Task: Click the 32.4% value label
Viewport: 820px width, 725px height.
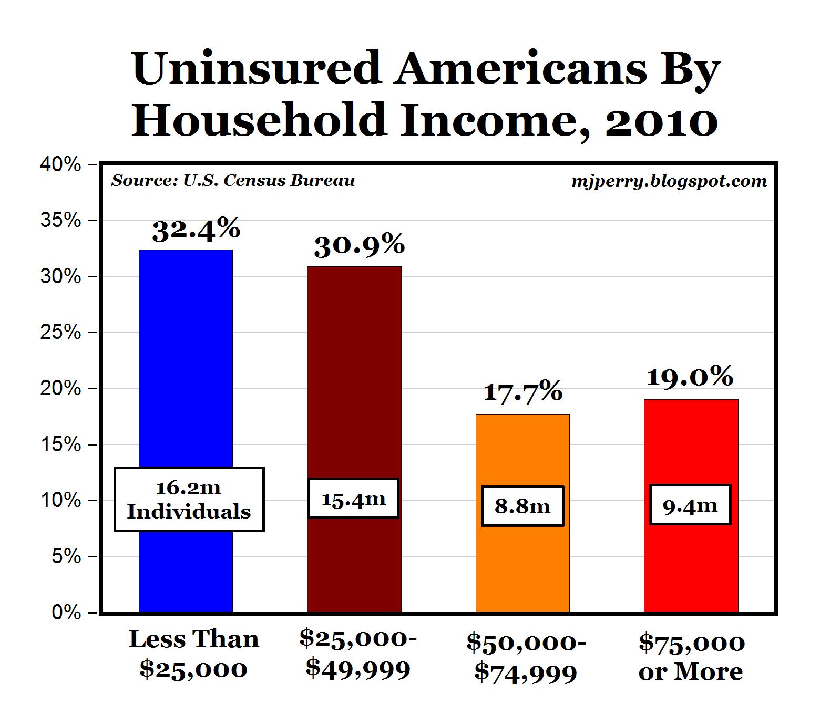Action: coord(196,230)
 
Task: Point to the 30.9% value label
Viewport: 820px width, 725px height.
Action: coord(360,246)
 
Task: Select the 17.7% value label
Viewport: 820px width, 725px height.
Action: coord(522,392)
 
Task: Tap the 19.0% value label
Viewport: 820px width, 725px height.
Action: coord(690,377)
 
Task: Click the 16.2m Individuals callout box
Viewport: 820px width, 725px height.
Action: coord(189,499)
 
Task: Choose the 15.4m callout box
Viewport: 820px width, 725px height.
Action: coord(353,499)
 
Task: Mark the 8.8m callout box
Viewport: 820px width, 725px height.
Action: coord(522,506)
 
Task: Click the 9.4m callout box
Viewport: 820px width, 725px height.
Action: coord(690,505)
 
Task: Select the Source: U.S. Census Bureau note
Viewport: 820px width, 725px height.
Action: coord(233,181)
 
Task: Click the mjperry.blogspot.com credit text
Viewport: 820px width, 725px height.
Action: coord(669,181)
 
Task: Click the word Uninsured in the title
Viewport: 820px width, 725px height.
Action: coord(257,68)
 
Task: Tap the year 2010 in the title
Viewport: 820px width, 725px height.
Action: coord(661,120)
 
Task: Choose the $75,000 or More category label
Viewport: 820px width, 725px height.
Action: coord(691,657)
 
